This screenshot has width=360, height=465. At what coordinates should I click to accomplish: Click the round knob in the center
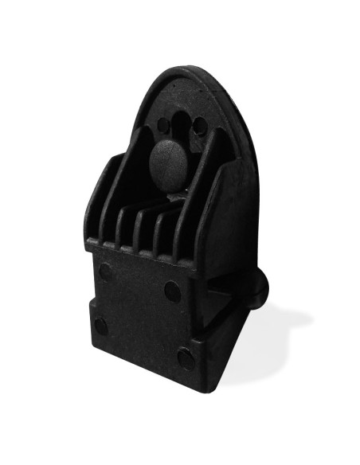point(170,164)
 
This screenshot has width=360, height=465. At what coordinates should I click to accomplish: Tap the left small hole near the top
point(163,125)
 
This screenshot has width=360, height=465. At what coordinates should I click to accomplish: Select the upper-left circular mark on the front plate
point(104,271)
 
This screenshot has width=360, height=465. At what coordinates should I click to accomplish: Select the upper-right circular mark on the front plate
point(171,291)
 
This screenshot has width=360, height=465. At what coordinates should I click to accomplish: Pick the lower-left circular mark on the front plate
point(100,325)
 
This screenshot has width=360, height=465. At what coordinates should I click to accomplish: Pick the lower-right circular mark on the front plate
point(185,358)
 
